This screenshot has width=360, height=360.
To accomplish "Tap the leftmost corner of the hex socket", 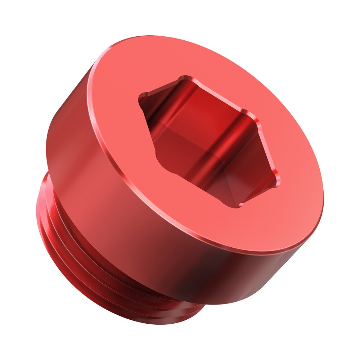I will click(141, 96).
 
